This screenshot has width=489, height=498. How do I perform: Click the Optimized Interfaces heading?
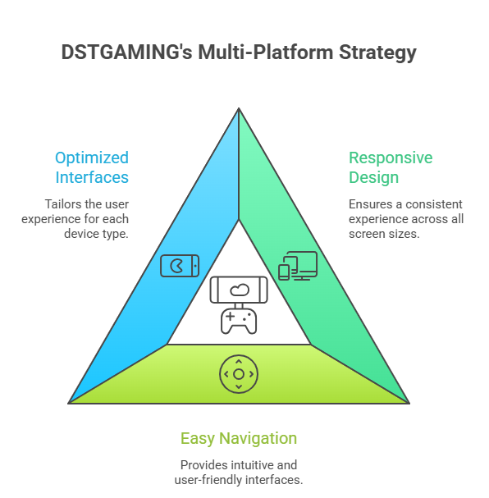[x=92, y=167]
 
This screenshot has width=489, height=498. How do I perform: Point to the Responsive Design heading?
[x=391, y=167]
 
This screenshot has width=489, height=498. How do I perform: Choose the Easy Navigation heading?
[x=238, y=438]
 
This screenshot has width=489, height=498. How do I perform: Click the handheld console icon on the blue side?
[x=179, y=266]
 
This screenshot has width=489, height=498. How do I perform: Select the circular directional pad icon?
[x=239, y=374]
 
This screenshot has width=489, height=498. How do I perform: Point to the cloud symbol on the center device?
[x=239, y=289]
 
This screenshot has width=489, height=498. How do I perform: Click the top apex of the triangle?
[x=239, y=108]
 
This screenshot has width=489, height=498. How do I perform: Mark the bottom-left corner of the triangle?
[x=69, y=403]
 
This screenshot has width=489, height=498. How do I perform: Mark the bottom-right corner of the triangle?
[x=409, y=403]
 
